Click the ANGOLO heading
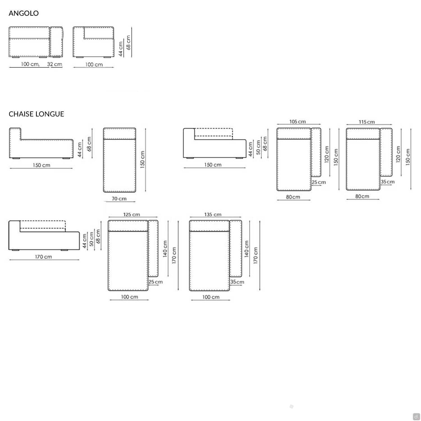(x=24, y=13)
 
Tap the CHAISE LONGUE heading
(x=36, y=114)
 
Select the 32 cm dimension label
(x=54, y=64)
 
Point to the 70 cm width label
(x=119, y=199)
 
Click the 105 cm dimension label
(x=298, y=122)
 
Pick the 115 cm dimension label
(x=367, y=122)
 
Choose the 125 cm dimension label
(x=132, y=215)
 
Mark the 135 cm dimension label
(x=213, y=215)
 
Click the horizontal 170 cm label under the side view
(x=44, y=257)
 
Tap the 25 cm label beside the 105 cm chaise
(x=319, y=182)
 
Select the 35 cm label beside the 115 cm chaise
(x=388, y=182)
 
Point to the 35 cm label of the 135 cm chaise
(x=237, y=282)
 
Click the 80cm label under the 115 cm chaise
(x=362, y=196)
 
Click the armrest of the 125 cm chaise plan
(x=153, y=248)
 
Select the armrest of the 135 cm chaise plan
(x=236, y=248)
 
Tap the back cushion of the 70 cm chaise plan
(x=120, y=134)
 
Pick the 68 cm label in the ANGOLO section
(x=129, y=42)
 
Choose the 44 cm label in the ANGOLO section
(x=121, y=49)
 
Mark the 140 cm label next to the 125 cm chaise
(x=165, y=249)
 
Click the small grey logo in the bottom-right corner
(x=416, y=417)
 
